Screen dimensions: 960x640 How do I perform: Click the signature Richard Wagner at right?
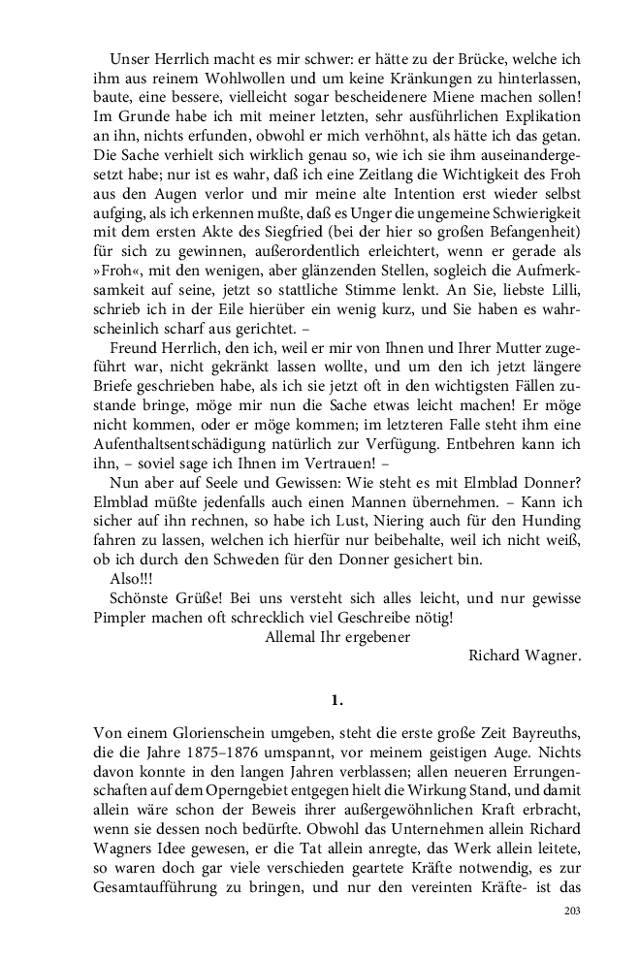click(x=524, y=655)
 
